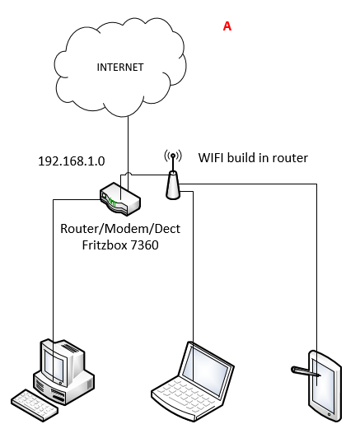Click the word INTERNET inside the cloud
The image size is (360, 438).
point(120,68)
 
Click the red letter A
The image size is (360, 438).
point(227,26)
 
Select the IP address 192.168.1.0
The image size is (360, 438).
point(72,161)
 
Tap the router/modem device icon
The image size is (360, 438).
point(120,199)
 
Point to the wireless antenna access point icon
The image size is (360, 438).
point(173,178)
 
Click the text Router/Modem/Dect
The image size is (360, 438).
point(120,229)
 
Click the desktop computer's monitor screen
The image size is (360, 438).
point(54,366)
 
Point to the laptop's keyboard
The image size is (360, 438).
point(185,394)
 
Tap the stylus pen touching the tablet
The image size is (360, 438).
point(306,372)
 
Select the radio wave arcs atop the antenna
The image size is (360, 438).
point(173,156)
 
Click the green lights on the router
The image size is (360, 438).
point(112,202)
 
